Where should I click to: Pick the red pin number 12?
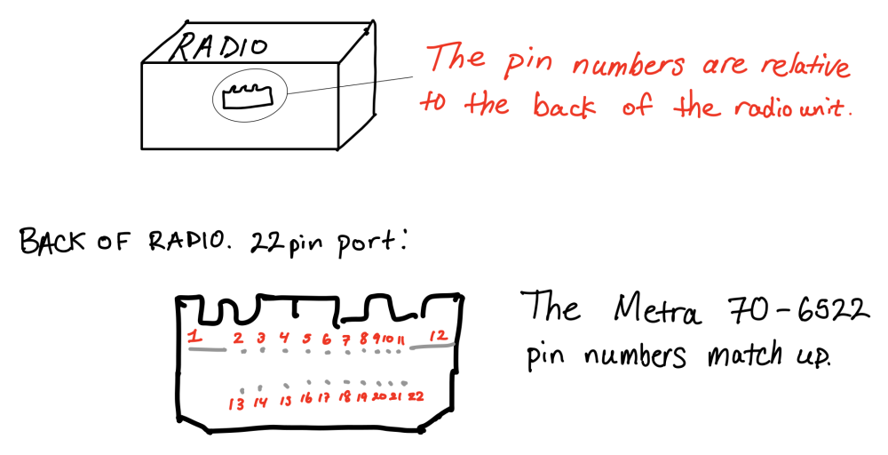437,335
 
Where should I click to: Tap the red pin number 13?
236,403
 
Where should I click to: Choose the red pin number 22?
415,396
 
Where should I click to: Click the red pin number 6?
327,339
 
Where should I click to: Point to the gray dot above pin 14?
259,387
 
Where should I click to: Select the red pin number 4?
284,338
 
